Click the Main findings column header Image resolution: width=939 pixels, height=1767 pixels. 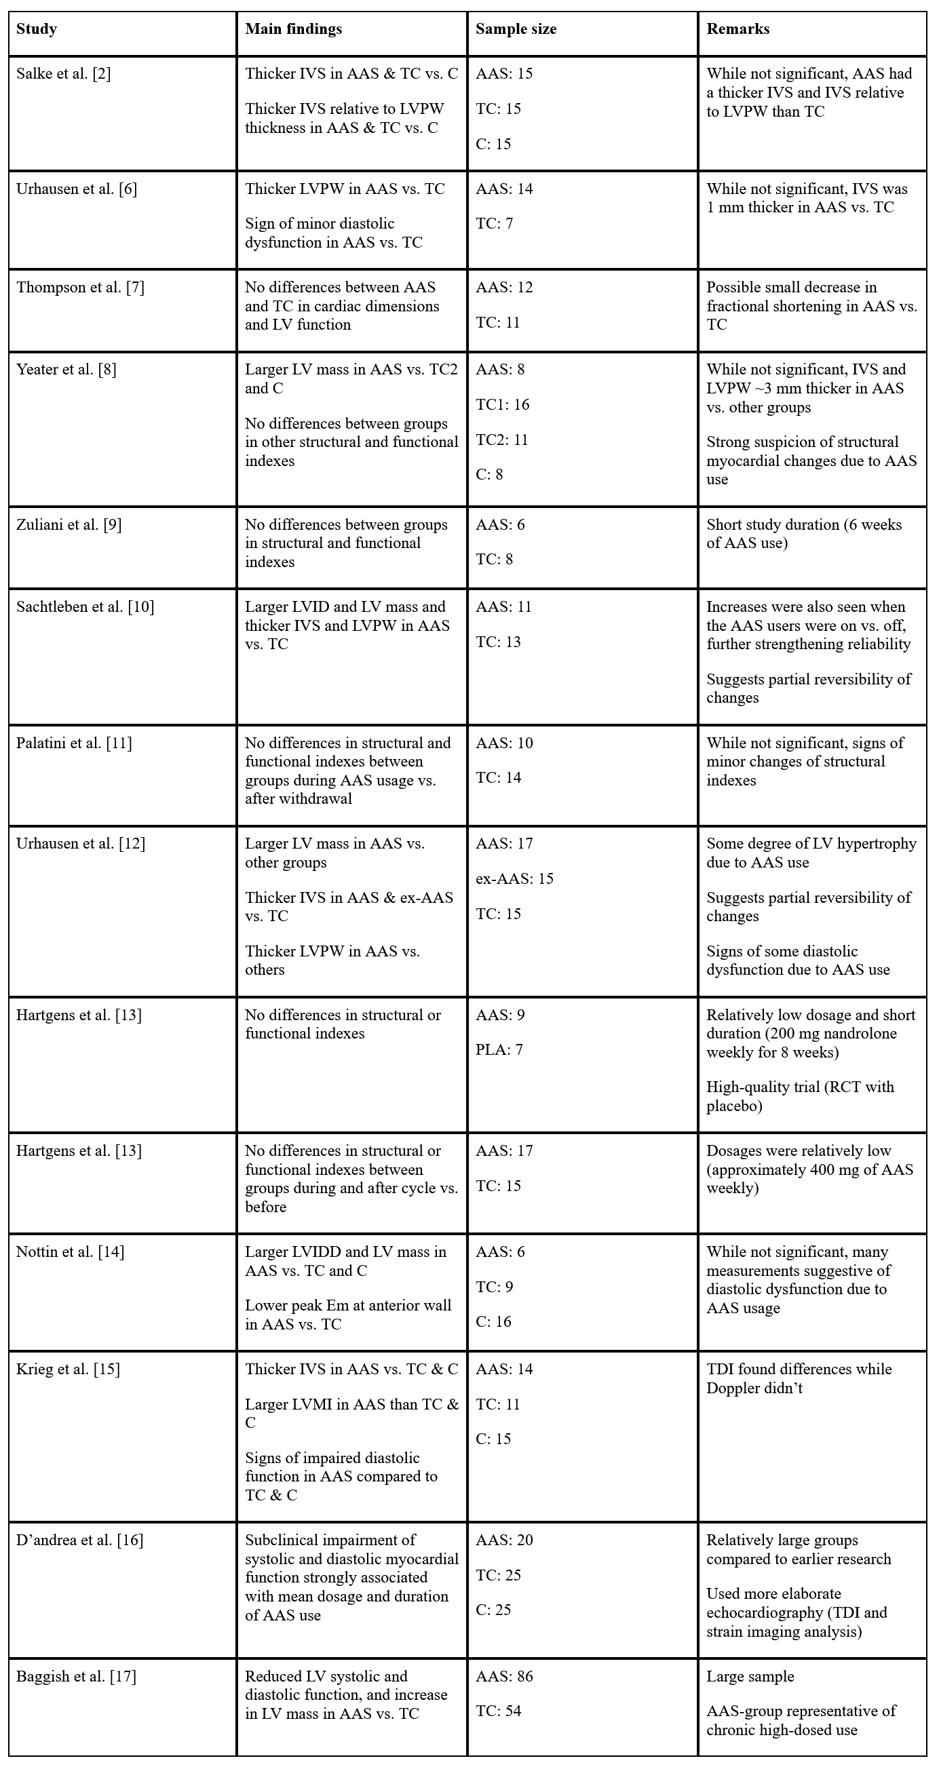[x=294, y=29]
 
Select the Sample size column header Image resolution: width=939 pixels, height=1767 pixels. [x=516, y=29]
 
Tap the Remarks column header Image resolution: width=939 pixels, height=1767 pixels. [x=738, y=29]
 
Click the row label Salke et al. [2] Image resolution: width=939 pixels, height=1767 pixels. [x=63, y=74]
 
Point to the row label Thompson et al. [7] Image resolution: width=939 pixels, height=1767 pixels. [x=80, y=288]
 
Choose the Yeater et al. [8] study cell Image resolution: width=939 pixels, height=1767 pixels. [x=66, y=370]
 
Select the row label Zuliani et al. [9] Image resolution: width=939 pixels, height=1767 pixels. [x=69, y=525]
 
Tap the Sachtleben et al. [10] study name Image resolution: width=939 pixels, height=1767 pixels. [x=85, y=607]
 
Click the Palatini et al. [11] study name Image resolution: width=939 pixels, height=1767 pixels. [x=74, y=743]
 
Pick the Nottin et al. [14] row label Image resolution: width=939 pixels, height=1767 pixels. [x=70, y=1252]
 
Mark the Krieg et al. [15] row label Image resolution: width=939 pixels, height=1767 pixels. [x=68, y=1369]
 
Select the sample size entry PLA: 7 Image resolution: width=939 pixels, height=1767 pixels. [x=499, y=1050]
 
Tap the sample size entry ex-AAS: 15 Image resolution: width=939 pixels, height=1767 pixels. [x=514, y=878]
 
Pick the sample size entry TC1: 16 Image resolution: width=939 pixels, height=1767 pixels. [x=503, y=405]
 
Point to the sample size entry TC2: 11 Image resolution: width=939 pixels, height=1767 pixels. [x=502, y=440]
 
